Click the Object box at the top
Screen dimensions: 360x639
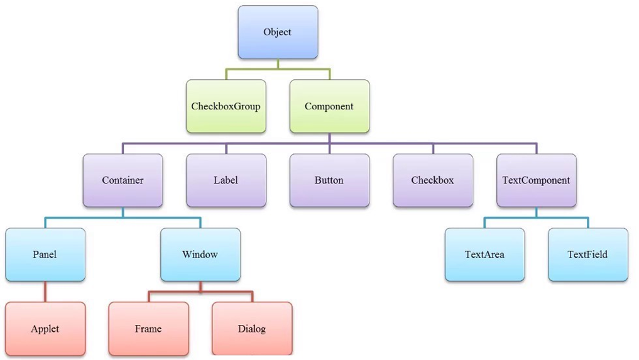tap(277, 32)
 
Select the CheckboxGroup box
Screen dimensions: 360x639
tap(226, 106)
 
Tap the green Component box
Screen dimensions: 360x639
tap(329, 106)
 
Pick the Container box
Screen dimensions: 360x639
tap(123, 180)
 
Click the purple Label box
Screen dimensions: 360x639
tap(226, 180)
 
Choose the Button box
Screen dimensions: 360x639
tap(329, 180)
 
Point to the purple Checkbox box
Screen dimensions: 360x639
tap(432, 180)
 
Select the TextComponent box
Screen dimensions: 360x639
tap(536, 180)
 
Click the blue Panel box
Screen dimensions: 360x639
tap(45, 254)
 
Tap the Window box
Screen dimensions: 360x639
tap(200, 254)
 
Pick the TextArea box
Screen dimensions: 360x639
tap(484, 254)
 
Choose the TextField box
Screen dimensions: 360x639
tap(587, 254)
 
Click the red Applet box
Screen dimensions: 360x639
tap(45, 329)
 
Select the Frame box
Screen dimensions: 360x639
tap(148, 329)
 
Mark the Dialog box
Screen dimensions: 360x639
tap(251, 329)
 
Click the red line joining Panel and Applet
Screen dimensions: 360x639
tap(45, 292)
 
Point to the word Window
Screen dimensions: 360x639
tap(200, 254)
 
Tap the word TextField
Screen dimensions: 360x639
tap(587, 254)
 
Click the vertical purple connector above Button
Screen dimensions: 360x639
tap(329, 148)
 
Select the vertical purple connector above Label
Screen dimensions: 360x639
tap(226, 148)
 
